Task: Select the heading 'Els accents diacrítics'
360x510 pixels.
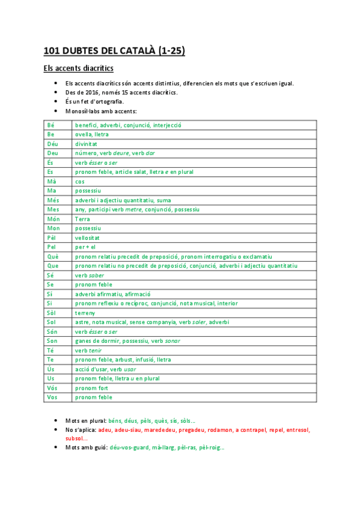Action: (x=79, y=69)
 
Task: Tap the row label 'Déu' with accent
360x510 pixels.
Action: (x=52, y=144)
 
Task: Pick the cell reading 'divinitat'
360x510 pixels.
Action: (x=87, y=144)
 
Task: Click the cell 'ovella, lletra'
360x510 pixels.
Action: (x=92, y=135)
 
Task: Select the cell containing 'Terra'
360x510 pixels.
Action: (x=82, y=219)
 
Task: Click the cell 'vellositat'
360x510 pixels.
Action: (x=88, y=238)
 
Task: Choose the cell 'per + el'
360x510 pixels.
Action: (x=86, y=247)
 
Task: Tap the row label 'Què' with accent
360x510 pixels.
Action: (x=52, y=256)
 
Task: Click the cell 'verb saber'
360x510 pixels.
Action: (x=90, y=275)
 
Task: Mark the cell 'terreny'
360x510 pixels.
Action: (x=85, y=313)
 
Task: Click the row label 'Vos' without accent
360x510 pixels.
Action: (x=52, y=397)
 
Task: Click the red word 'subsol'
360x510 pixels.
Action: (x=75, y=438)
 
